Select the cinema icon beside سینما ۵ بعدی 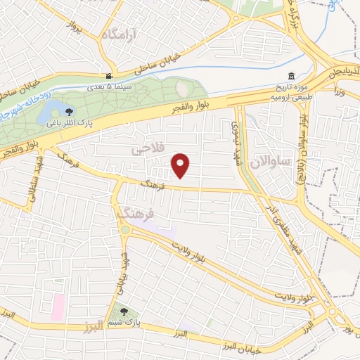[109, 77]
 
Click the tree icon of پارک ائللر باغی [68, 111]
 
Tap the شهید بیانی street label [123, 271]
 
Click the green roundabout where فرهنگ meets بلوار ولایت [125, 229]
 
